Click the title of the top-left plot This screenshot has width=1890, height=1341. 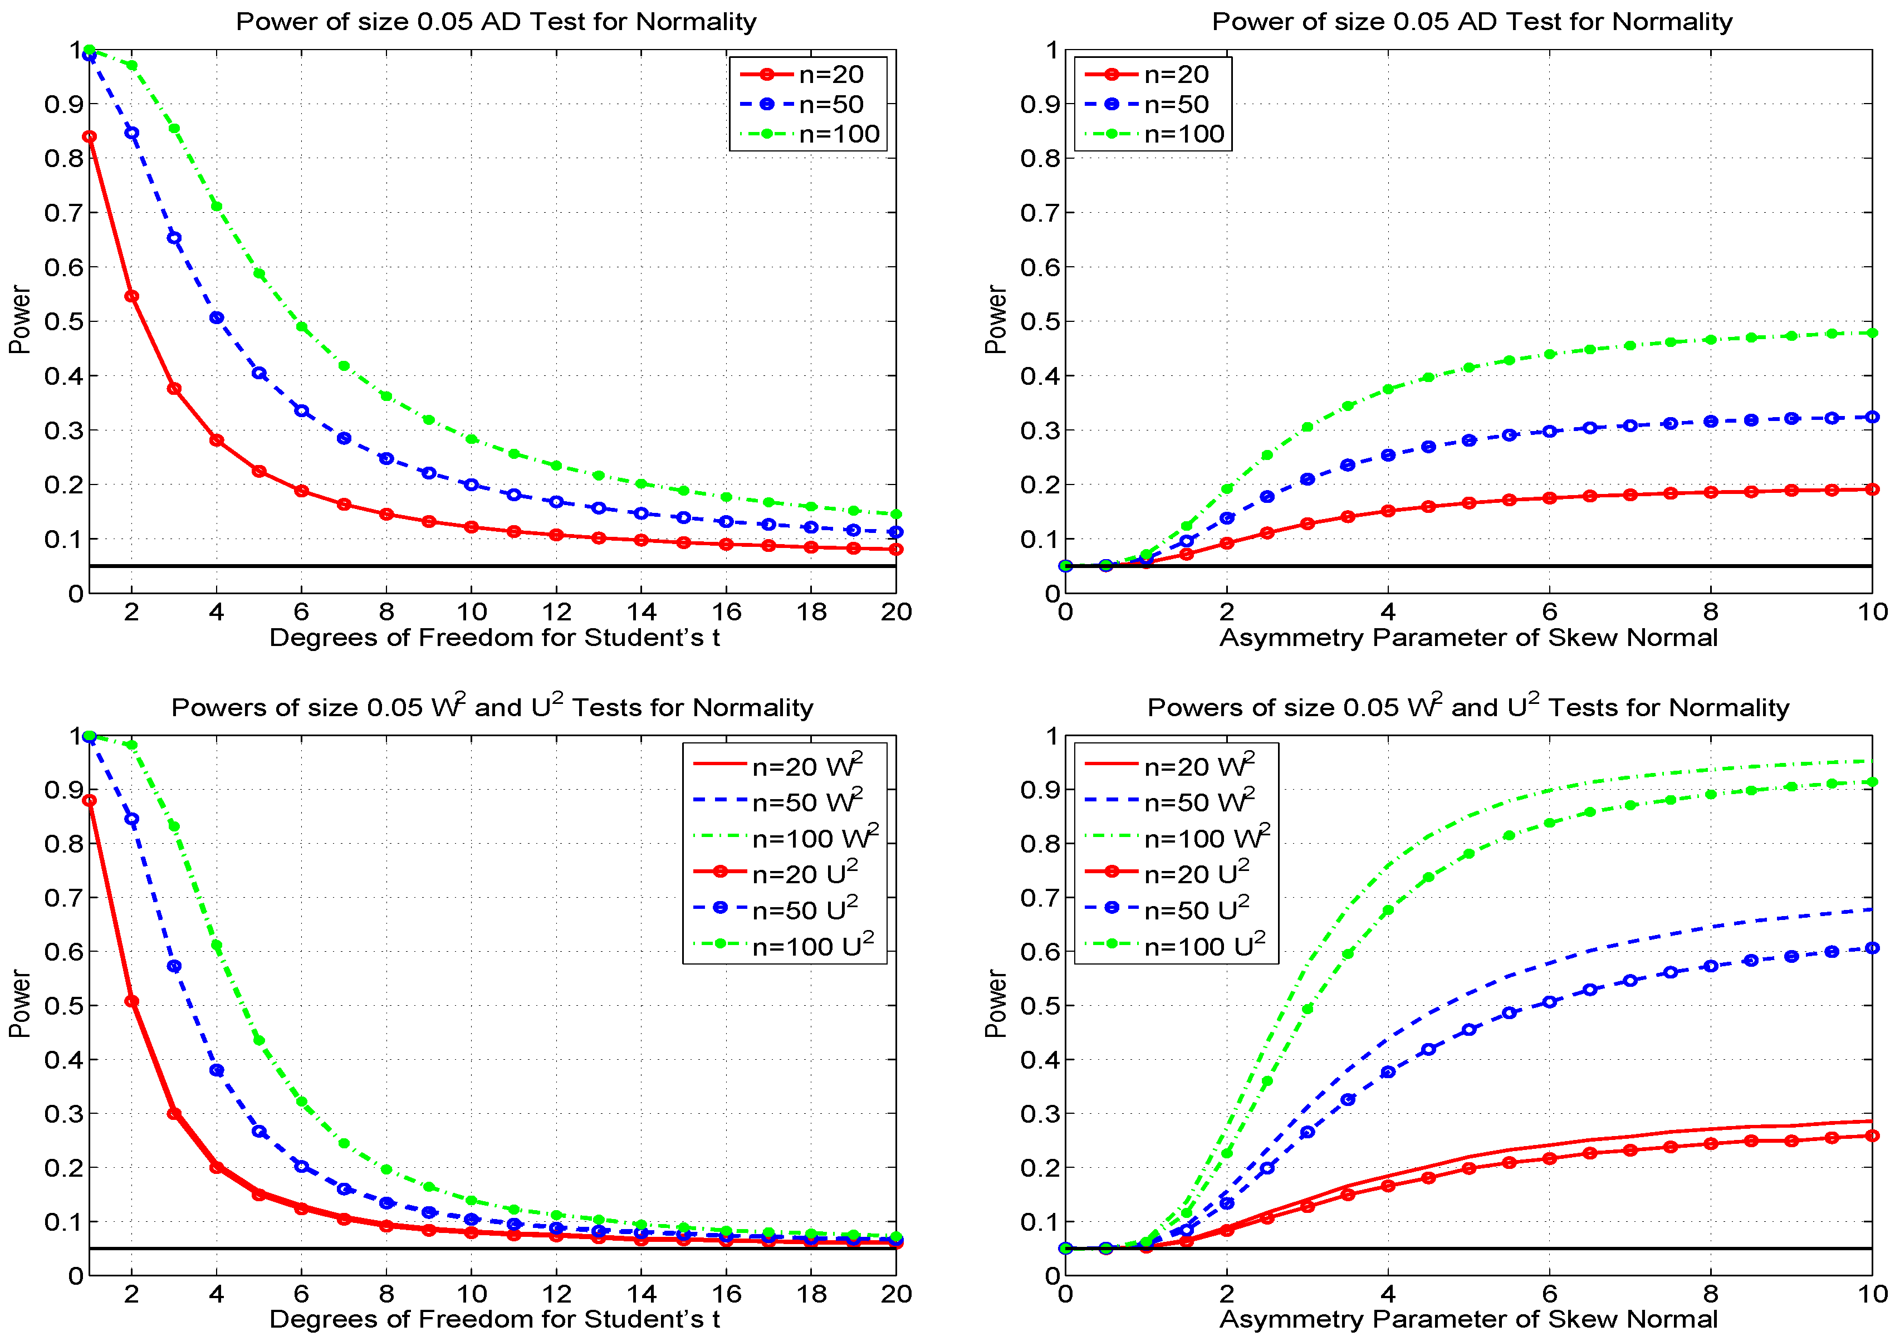click(x=496, y=22)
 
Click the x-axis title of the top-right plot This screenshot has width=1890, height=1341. click(x=1467, y=638)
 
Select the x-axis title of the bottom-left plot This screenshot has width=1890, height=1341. click(x=494, y=1319)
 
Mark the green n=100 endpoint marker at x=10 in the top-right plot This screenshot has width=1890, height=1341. click(x=1872, y=333)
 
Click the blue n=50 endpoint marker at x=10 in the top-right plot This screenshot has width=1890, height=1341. click(x=1872, y=417)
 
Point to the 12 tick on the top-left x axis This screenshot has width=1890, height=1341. click(x=556, y=612)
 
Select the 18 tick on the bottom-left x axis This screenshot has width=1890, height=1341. click(x=811, y=1294)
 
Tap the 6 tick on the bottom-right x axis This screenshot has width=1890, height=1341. click(x=1549, y=1294)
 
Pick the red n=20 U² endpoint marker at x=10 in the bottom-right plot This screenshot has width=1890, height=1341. click(x=1872, y=1136)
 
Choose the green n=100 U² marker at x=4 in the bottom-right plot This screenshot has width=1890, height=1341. click(x=1388, y=910)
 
